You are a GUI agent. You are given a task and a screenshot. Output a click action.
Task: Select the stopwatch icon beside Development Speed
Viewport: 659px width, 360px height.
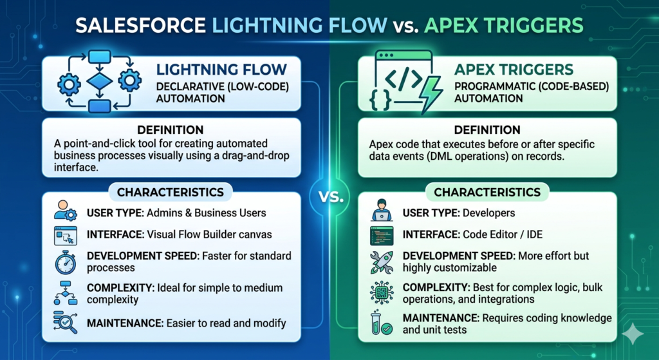[x=65, y=262]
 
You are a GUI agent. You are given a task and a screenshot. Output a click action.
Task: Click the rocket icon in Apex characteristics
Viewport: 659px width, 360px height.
[x=382, y=262]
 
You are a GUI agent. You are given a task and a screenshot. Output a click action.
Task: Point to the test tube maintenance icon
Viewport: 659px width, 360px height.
[x=381, y=323]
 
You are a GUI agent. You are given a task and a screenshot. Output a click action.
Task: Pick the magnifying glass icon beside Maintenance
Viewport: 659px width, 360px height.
[x=65, y=323]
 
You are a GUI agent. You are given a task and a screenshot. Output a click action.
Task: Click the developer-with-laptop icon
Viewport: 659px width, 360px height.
[x=382, y=210]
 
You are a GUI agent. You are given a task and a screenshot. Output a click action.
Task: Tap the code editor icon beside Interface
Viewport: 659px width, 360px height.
[x=382, y=236]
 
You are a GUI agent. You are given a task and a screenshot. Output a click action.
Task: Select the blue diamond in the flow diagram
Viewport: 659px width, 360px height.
[x=100, y=81]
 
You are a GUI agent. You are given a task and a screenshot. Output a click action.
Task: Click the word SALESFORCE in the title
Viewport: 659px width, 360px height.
[x=141, y=26]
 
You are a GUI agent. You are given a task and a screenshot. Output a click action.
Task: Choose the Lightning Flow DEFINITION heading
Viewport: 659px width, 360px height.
[x=170, y=130]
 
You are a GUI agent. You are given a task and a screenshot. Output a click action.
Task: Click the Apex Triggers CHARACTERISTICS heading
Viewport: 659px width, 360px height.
[x=487, y=192]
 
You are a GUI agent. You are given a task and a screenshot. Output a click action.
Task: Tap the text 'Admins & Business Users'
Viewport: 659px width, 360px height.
[x=207, y=213]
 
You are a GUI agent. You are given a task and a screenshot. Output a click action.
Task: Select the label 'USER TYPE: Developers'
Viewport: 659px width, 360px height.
[x=459, y=213]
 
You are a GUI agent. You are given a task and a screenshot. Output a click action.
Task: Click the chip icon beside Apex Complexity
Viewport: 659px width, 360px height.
[x=382, y=292]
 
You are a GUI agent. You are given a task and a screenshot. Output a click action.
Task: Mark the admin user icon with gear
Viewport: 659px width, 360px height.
[x=66, y=211]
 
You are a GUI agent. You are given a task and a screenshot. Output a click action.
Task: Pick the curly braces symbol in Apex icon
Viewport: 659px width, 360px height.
[x=381, y=101]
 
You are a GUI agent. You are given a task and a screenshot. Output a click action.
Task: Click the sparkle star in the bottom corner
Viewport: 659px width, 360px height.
[x=633, y=334]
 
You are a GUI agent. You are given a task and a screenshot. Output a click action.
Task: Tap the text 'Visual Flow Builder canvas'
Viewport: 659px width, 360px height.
[x=209, y=234]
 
